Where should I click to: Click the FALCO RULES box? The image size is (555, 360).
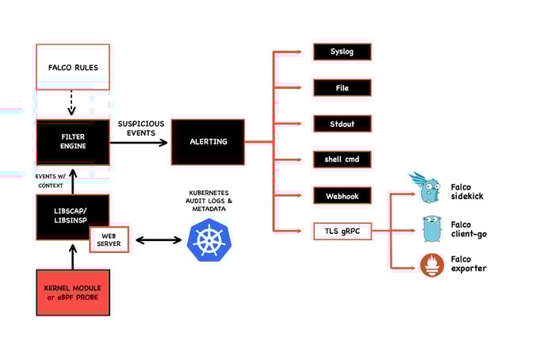click(x=72, y=68)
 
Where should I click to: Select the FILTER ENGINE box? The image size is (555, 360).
click(x=72, y=142)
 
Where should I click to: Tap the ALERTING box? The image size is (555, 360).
click(x=208, y=142)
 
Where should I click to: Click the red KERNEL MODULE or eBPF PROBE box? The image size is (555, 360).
click(x=72, y=291)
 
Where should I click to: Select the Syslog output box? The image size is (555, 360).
click(x=341, y=52)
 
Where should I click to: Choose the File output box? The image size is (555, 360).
click(x=341, y=88)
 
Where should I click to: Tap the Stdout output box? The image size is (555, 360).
click(x=341, y=124)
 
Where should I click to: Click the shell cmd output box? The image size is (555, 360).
click(x=341, y=159)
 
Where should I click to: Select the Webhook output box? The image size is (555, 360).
click(x=341, y=195)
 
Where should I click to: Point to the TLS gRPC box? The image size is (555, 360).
click(x=341, y=232)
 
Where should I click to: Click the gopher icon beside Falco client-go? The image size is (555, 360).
click(x=431, y=228)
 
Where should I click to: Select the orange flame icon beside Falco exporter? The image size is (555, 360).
click(x=431, y=265)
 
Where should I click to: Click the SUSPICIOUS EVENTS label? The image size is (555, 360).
click(x=140, y=128)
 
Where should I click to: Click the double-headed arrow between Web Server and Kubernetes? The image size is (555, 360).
click(x=159, y=239)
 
